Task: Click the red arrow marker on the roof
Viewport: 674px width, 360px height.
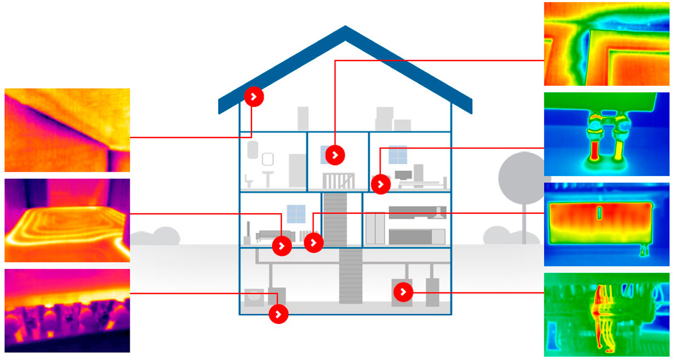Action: pyautogui.click(x=254, y=97)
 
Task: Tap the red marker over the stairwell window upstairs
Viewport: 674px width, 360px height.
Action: pyautogui.click(x=335, y=155)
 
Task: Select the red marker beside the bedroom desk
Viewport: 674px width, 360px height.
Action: pyautogui.click(x=381, y=184)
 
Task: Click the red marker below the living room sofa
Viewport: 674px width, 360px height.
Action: pyautogui.click(x=281, y=246)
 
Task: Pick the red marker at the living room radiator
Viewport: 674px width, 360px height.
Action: pyautogui.click(x=313, y=242)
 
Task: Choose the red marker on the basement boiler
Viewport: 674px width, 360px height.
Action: pyautogui.click(x=403, y=292)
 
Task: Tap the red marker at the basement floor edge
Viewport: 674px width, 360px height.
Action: pyautogui.click(x=278, y=314)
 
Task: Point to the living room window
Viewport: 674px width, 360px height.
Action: pyautogui.click(x=296, y=214)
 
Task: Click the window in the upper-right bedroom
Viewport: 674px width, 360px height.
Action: pyautogui.click(x=398, y=155)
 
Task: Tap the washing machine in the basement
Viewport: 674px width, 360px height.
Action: pyautogui.click(x=254, y=297)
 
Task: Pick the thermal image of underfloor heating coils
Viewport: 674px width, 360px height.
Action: pyautogui.click(x=67, y=220)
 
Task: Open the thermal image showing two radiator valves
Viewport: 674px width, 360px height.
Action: pyautogui.click(x=606, y=134)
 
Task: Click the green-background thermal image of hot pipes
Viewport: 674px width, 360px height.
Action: pyautogui.click(x=606, y=315)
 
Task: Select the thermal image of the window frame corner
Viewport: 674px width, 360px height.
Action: pyautogui.click(x=606, y=44)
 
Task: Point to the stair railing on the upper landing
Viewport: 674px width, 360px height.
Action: pyautogui.click(x=338, y=181)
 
